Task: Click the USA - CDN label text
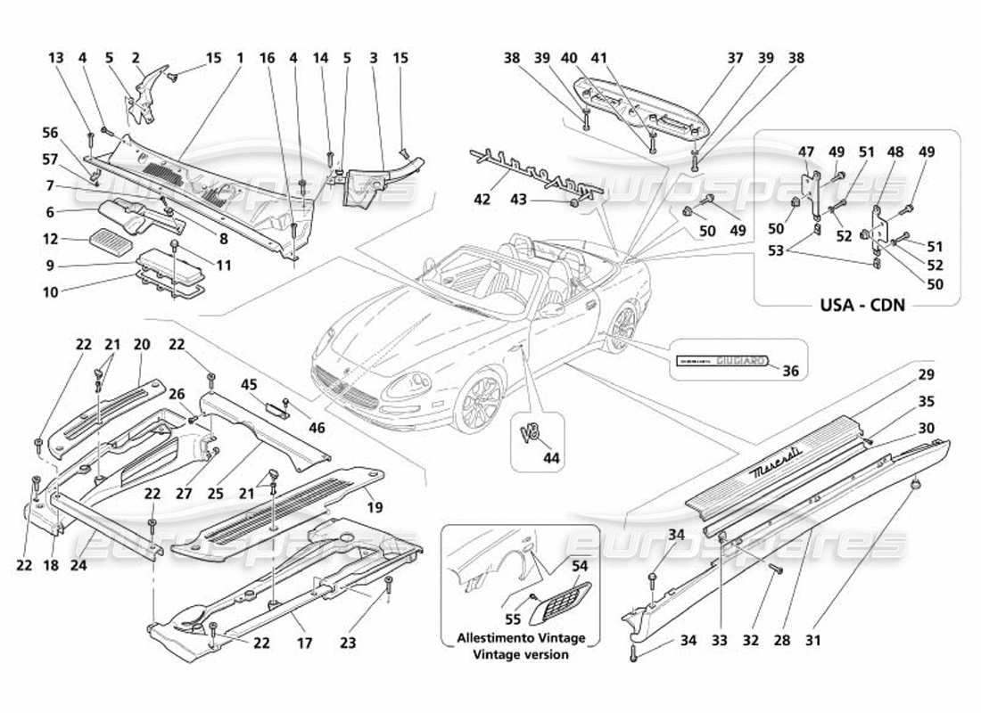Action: [861, 305]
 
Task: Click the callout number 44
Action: [552, 457]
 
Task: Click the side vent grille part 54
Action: [561, 602]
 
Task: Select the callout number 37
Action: [735, 58]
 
